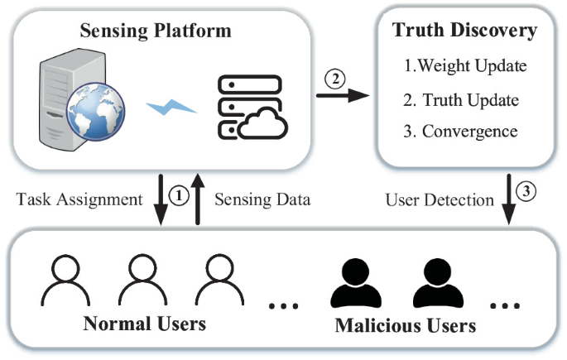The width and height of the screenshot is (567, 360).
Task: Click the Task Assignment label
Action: pos(80,199)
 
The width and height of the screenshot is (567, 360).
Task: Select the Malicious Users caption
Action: pos(405,324)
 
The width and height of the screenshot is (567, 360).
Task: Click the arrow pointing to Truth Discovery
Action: pos(343,95)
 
